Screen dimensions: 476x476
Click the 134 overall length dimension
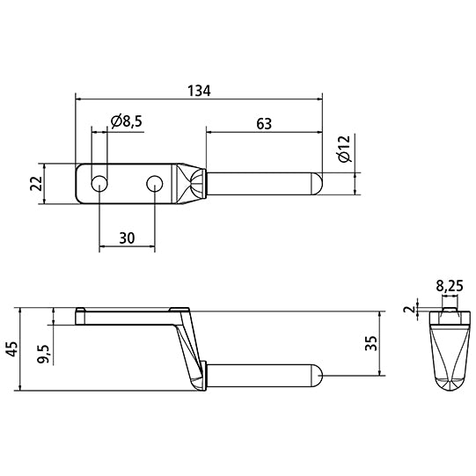(x=199, y=90)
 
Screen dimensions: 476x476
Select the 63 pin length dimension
(x=263, y=124)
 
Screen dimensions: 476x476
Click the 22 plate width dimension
(x=36, y=185)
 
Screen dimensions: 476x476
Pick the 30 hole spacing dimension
(x=128, y=238)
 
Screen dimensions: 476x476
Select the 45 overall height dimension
(x=11, y=350)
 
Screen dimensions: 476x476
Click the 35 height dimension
(x=371, y=344)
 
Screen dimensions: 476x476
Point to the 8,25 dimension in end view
(x=450, y=285)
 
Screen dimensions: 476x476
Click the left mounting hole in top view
(x=99, y=184)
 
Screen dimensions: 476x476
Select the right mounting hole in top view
(x=155, y=184)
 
